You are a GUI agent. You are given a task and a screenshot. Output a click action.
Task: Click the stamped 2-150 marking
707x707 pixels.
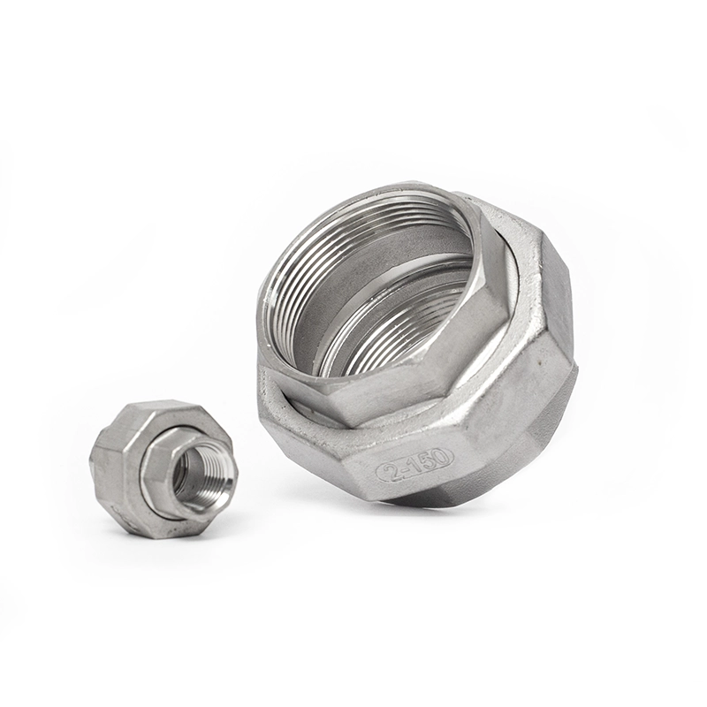[414, 463]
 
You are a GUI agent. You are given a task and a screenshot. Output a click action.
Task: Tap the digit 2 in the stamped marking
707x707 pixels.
[389, 469]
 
